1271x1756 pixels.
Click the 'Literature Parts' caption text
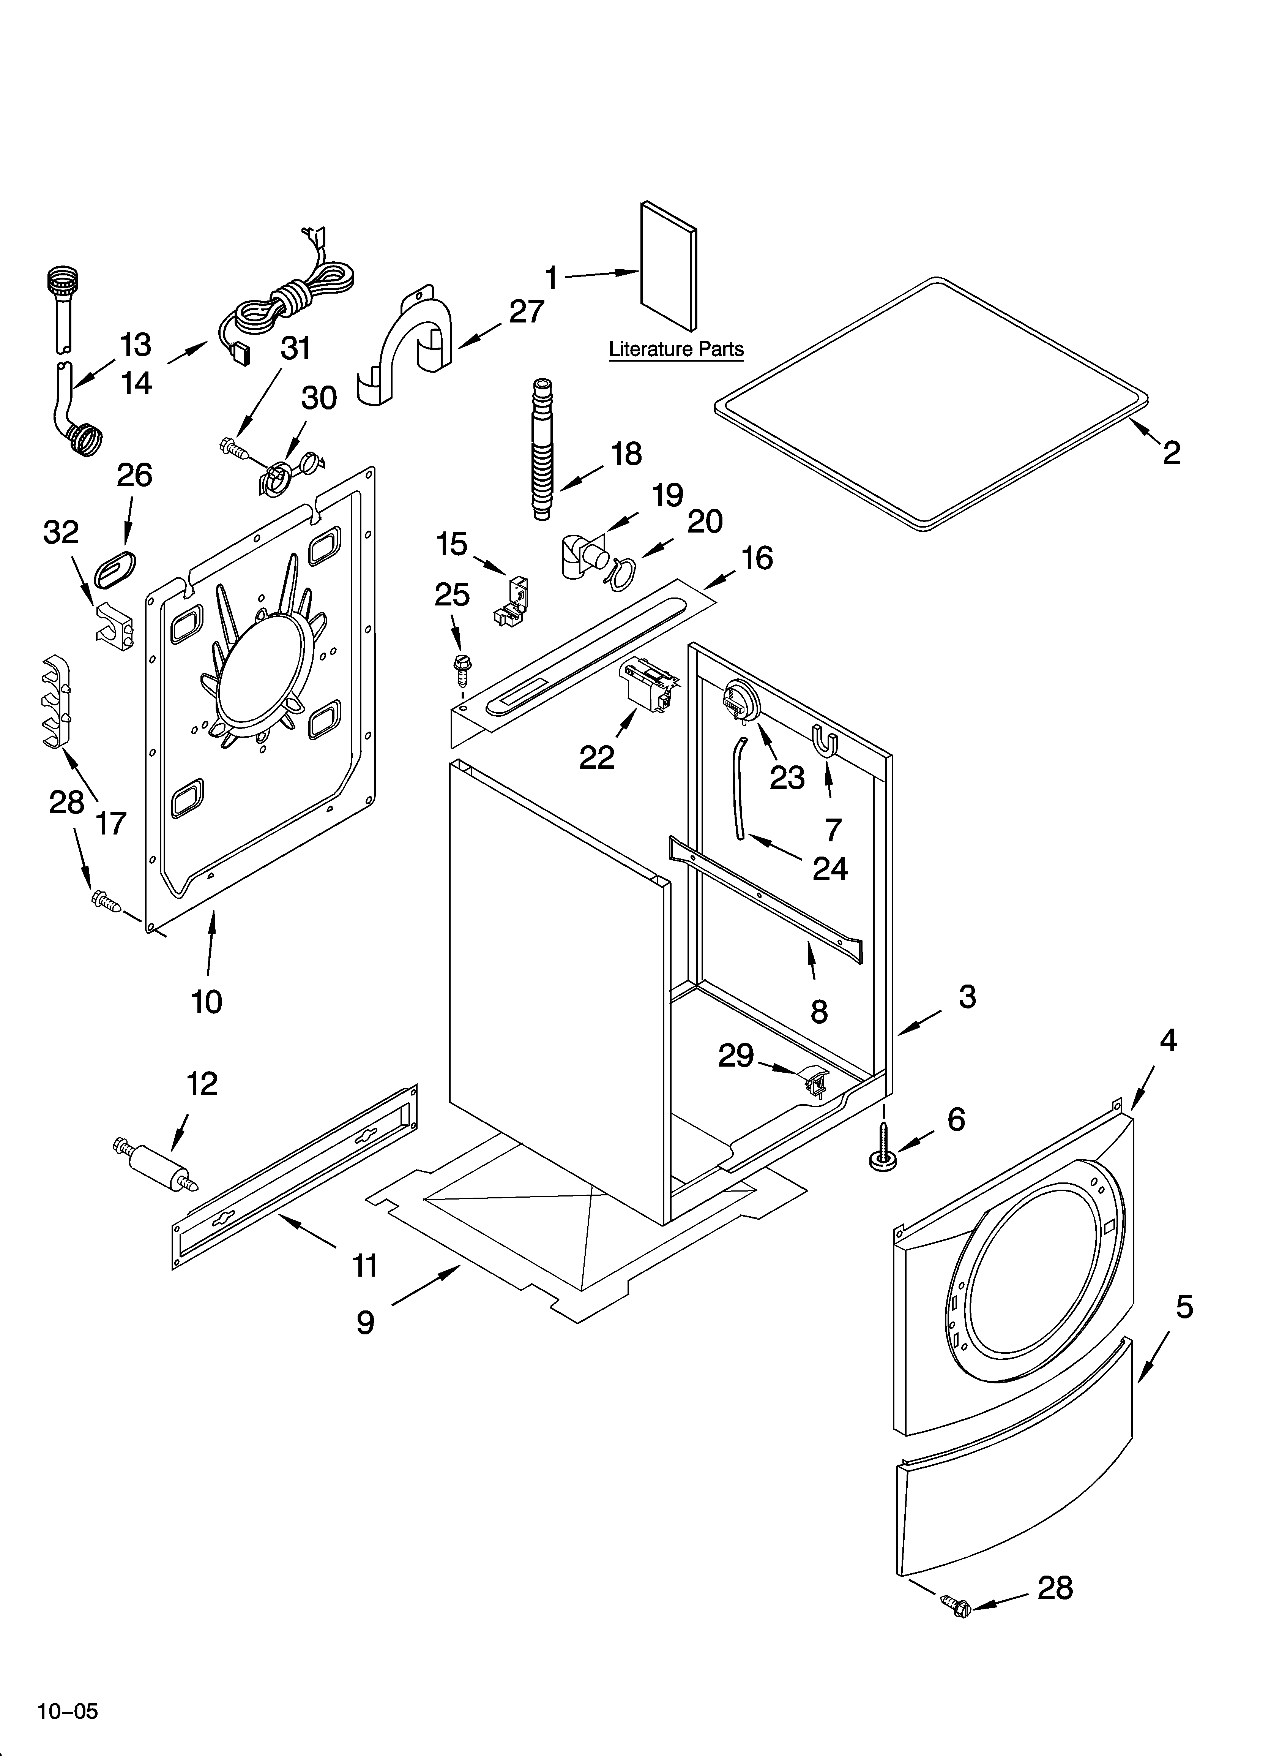[x=676, y=349]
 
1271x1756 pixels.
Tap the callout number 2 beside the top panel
[x=1171, y=453]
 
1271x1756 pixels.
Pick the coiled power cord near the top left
[x=302, y=298]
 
